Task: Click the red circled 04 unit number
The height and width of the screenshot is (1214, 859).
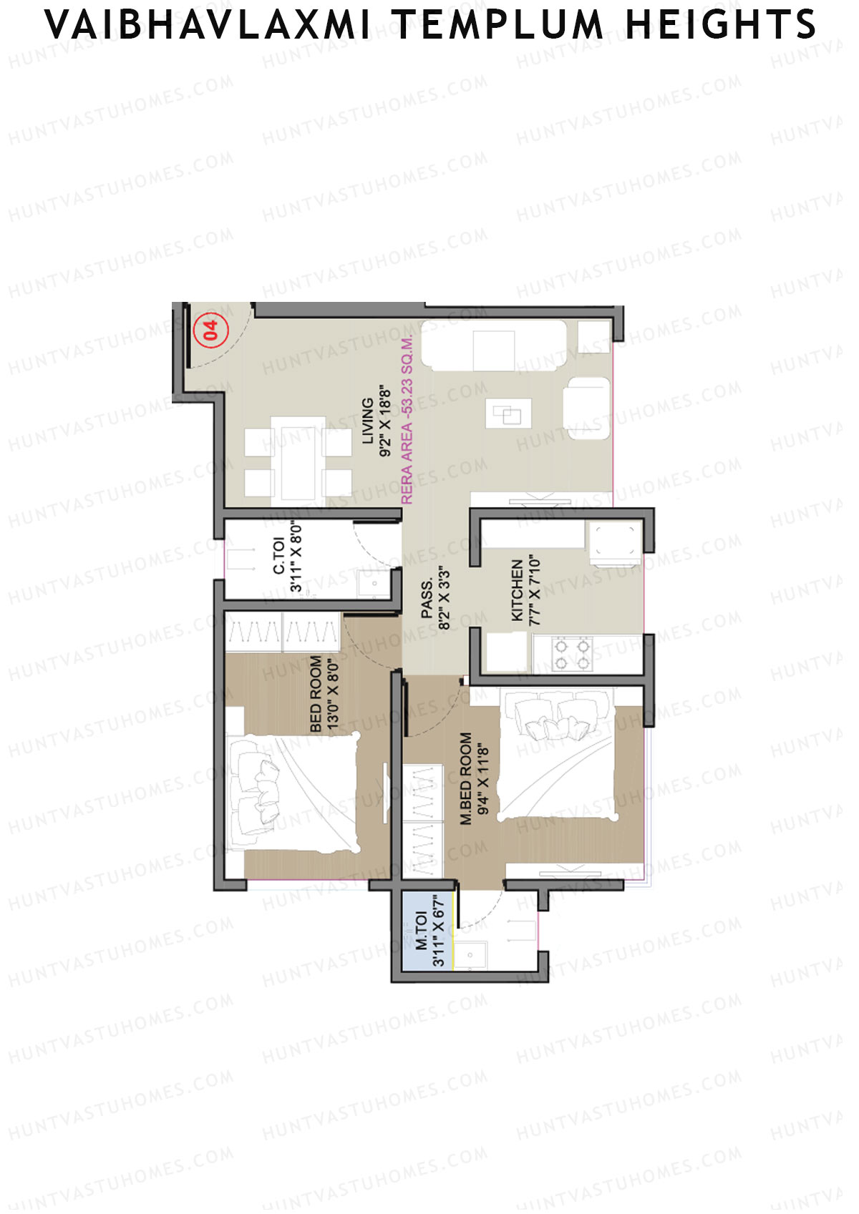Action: coord(210,330)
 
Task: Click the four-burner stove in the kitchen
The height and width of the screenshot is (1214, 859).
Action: coord(572,654)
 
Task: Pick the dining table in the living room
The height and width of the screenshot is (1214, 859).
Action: coord(298,463)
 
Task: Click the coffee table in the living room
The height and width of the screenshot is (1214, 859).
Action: coord(508,413)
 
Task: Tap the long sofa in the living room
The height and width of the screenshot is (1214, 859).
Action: coord(494,346)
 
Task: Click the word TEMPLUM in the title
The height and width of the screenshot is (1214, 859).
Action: coord(499,25)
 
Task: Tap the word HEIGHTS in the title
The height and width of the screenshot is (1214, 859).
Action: coord(720,25)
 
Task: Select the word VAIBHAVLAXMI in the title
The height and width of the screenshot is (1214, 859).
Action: coord(208,25)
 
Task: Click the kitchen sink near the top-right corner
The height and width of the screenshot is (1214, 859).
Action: coord(614,540)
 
